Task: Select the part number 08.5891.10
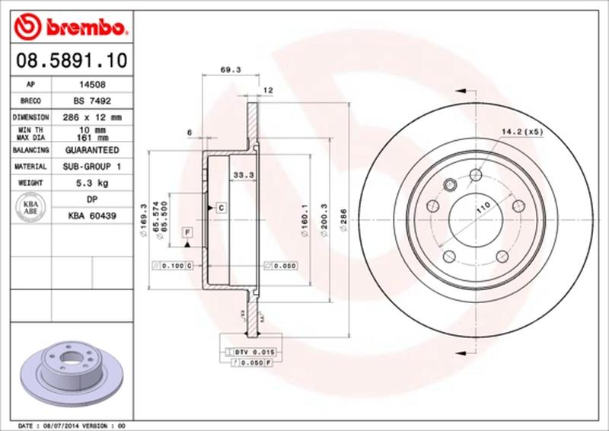tap(68, 59)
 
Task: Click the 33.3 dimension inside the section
tap(241, 174)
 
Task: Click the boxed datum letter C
tap(220, 207)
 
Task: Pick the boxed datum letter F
tap(187, 231)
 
